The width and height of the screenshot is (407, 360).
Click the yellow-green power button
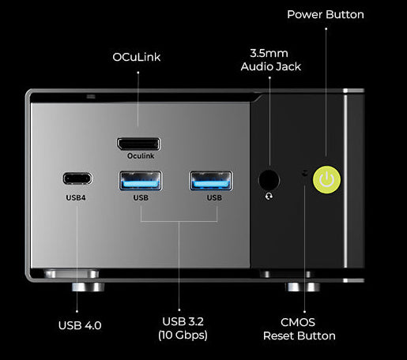coord(326,180)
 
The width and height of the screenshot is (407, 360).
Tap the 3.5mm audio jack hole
coord(269,180)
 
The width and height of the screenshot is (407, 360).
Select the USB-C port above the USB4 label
coord(77,178)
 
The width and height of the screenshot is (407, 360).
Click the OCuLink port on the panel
coord(139,144)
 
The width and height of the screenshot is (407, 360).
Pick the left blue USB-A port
coord(141,181)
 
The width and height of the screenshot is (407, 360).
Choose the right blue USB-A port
coord(211,181)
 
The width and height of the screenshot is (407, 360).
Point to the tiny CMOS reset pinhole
coord(305,173)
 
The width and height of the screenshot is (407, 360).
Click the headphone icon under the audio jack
coord(269,197)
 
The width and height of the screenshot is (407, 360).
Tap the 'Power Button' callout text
coord(326,14)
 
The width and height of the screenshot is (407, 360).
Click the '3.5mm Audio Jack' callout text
coord(270,60)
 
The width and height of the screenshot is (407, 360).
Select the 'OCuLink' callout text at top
coord(137,57)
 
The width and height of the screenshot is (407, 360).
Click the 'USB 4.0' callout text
coord(80,325)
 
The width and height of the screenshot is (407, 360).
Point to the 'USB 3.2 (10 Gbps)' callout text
coord(183,328)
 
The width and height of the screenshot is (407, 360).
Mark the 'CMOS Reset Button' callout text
coord(299,329)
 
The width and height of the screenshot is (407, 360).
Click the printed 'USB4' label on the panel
coord(76,197)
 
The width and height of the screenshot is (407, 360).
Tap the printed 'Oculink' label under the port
coord(141,156)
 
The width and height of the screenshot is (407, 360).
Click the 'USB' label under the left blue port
coord(141,197)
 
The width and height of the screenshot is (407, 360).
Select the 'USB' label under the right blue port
coord(214,197)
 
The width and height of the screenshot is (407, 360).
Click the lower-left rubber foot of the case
coord(88,287)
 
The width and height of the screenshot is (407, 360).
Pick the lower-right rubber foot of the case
coord(302,287)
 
